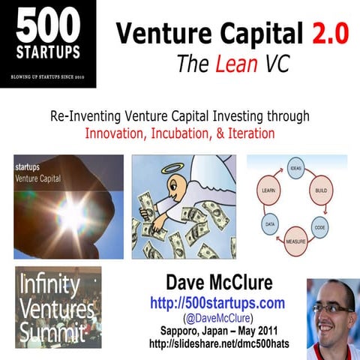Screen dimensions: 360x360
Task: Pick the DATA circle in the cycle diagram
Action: point(269,223)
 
